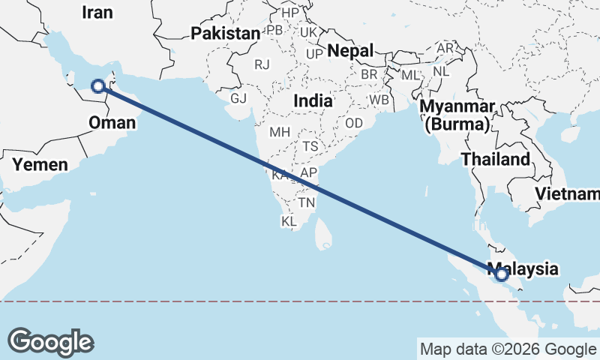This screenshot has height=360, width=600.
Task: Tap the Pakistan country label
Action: [225, 33]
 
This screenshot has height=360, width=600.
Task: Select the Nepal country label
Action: [350, 51]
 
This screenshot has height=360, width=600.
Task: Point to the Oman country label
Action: [111, 122]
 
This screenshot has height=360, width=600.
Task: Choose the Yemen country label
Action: [40, 164]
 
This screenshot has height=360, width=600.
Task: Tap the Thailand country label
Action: [495, 159]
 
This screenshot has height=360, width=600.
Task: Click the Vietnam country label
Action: [566, 194]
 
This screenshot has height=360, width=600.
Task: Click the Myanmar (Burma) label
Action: [457, 115]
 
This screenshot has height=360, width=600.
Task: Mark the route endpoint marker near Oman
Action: [98, 85]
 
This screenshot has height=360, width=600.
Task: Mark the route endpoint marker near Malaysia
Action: [502, 275]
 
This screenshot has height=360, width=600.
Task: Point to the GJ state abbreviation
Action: [238, 98]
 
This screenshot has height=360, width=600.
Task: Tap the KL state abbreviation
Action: [289, 222]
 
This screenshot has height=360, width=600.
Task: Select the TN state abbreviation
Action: [306, 202]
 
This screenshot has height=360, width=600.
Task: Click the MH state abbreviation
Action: [280, 132]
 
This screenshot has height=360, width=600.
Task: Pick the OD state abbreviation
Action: [354, 122]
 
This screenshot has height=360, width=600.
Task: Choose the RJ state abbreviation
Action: [262, 64]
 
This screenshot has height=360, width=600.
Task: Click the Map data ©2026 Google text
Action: [507, 349]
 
